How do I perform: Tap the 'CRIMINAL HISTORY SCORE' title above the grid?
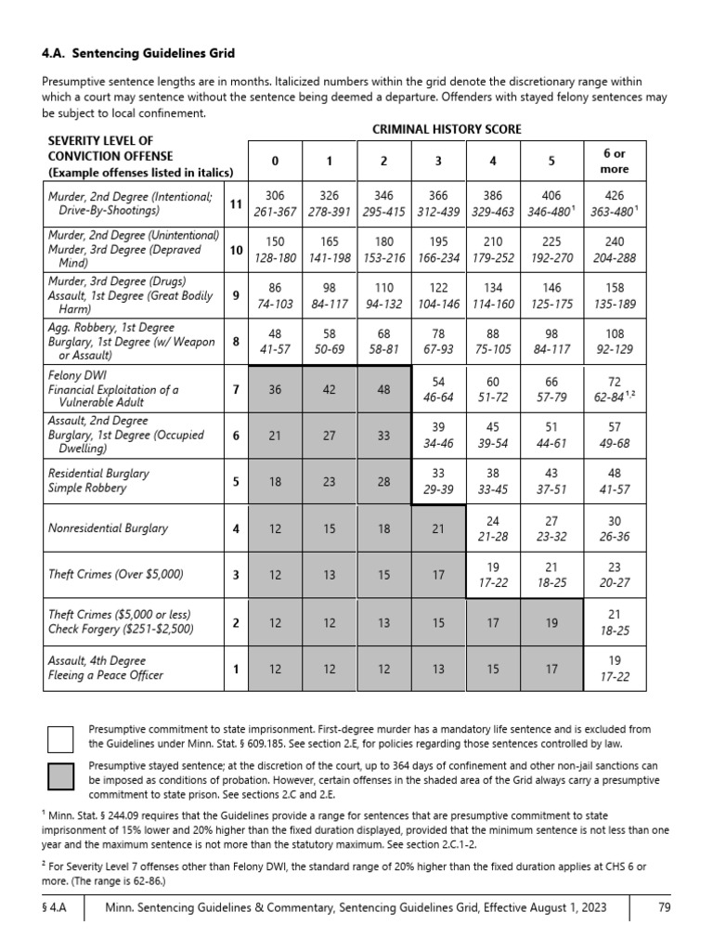(447, 129)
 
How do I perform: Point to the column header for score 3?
(438, 162)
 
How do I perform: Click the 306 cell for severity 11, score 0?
(275, 204)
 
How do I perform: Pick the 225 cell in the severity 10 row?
(552, 250)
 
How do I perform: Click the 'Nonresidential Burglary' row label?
(109, 528)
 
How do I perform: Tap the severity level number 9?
(236, 295)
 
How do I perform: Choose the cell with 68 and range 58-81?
(383, 341)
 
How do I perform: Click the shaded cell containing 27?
(329, 436)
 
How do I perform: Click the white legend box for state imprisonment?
(60, 739)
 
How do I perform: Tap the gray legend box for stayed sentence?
(60, 775)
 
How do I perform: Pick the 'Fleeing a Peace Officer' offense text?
(105, 675)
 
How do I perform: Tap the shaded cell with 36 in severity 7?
(275, 389)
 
